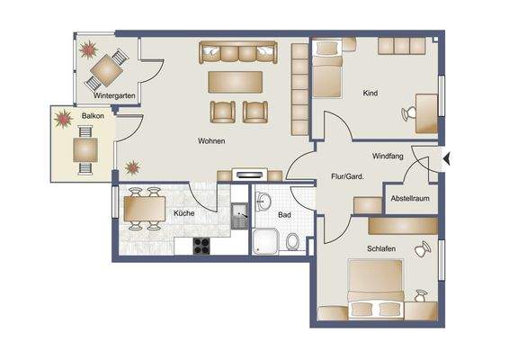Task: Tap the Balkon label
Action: click(92, 116)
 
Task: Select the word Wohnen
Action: click(211, 141)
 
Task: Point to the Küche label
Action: click(185, 213)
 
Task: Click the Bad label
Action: click(284, 216)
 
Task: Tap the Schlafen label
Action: click(382, 247)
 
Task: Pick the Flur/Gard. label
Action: click(347, 176)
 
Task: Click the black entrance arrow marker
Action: click(447, 160)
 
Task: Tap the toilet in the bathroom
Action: click(293, 241)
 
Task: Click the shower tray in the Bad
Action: click(266, 240)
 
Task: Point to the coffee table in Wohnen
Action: click(236, 82)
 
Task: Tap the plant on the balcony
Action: click(64, 118)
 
